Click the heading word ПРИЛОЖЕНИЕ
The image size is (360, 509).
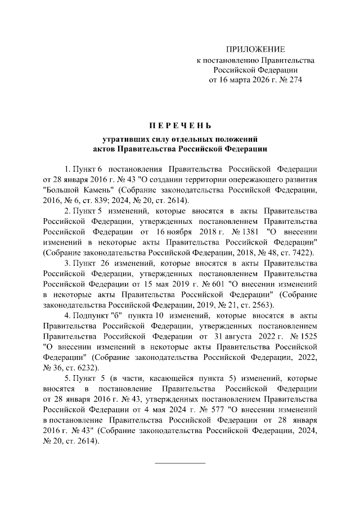(x=256, y=49)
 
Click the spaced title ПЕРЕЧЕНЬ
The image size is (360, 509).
(x=180, y=124)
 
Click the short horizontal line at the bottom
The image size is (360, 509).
(x=180, y=463)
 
